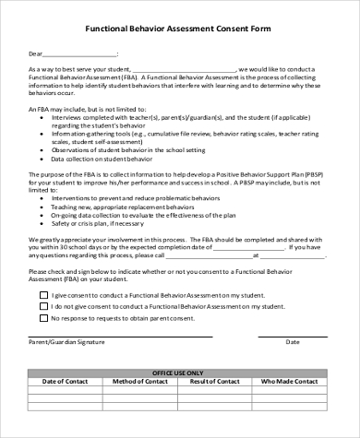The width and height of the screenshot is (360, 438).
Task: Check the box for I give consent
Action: coord(42,294)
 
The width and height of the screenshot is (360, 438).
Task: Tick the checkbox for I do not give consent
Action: coord(42,305)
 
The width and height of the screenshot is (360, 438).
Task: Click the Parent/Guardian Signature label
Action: coord(66,340)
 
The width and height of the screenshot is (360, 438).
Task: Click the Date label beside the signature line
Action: coord(293,340)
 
